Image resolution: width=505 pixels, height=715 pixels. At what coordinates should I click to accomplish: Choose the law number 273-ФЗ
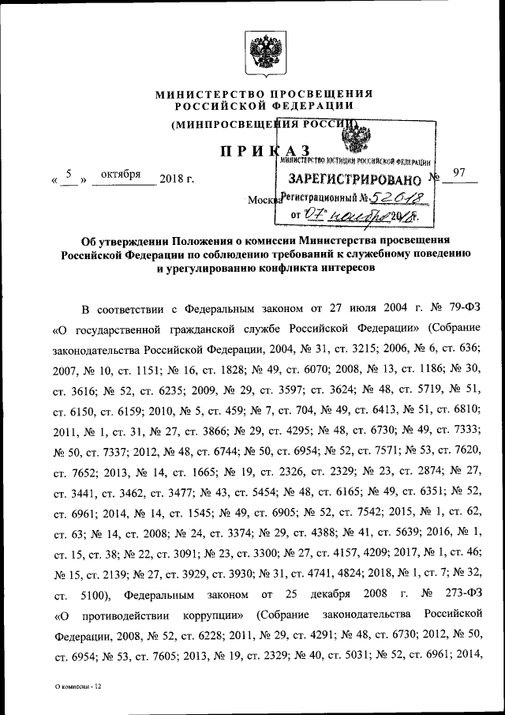(458, 592)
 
